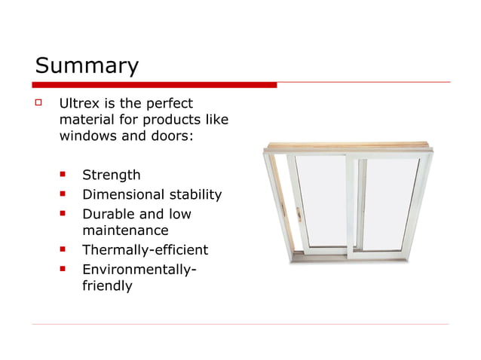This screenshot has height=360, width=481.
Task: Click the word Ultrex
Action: (79, 102)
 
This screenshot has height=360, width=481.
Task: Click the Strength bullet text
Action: (111, 175)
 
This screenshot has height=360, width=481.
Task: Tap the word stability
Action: (195, 195)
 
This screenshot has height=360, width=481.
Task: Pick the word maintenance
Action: (124, 230)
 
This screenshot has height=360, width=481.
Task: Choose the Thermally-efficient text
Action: (145, 249)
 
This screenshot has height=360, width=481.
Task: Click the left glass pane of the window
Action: (320, 203)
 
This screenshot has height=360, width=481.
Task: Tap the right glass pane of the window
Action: (388, 207)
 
